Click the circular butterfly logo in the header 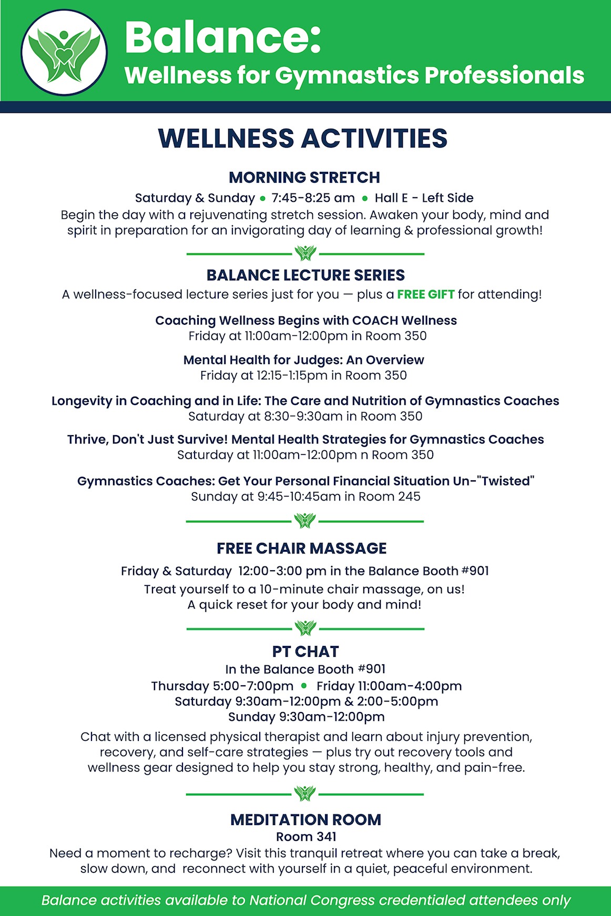coord(64,53)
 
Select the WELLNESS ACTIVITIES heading coord(303,138)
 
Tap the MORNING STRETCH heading coord(304,178)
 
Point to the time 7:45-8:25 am coord(313,198)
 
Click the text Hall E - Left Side coord(424,198)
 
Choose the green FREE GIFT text coord(425,294)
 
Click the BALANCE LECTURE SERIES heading coord(306,275)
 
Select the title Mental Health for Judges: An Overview coord(303,360)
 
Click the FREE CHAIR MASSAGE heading coord(302,549)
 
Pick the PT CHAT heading coord(306,652)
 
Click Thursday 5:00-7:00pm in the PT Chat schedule coord(222,686)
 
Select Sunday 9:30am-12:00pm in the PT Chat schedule coord(306,717)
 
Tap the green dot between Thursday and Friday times coord(304,685)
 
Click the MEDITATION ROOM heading coord(306,820)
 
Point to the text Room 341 coord(306,837)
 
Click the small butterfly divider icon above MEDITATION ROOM coord(305,794)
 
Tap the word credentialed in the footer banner coord(422,900)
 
